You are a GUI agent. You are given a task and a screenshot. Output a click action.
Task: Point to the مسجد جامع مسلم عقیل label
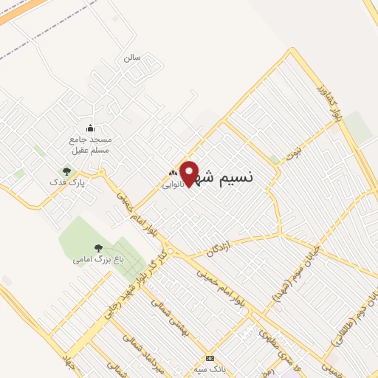point(90,145)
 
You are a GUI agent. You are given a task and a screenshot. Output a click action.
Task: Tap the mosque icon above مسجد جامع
point(90,128)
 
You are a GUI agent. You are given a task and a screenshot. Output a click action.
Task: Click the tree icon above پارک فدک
point(66,171)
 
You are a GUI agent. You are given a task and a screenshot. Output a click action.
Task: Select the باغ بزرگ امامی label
point(93,260)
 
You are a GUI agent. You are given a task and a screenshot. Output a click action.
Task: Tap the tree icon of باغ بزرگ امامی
point(98,249)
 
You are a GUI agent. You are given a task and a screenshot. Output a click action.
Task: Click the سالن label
point(131,56)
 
